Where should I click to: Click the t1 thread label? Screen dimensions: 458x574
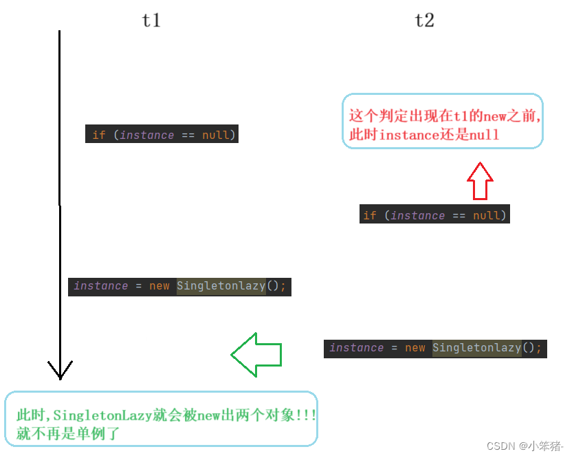(151, 21)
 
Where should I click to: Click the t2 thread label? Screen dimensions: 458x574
(425, 21)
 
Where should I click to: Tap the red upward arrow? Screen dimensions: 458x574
(480, 182)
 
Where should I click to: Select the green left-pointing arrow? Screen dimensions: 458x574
(256, 355)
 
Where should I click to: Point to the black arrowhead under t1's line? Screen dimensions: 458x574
(60, 370)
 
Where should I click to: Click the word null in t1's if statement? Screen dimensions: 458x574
(215, 135)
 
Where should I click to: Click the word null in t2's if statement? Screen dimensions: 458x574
(486, 215)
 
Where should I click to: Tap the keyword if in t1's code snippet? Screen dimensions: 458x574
(99, 135)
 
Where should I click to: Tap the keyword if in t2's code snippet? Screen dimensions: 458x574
(370, 215)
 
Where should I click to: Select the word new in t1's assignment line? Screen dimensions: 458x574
(159, 286)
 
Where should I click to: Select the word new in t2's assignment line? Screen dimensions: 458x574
(415, 348)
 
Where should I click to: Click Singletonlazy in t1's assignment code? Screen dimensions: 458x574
(221, 286)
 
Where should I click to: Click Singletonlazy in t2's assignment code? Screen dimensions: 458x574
(476, 348)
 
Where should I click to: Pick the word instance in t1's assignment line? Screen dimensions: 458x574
(100, 286)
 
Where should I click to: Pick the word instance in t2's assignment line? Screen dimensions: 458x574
(356, 348)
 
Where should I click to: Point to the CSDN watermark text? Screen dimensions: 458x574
(500, 446)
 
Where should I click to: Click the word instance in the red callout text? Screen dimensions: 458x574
(408, 135)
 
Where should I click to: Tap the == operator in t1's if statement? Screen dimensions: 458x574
(188, 135)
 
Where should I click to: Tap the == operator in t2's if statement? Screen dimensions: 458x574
(459, 215)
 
